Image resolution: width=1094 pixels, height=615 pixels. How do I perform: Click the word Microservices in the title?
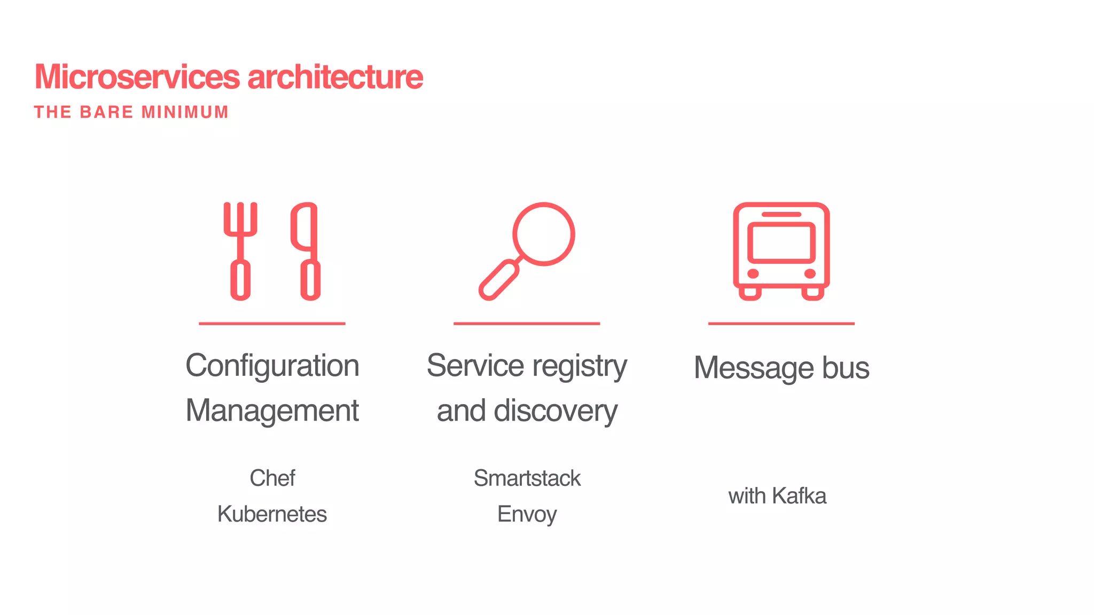137,77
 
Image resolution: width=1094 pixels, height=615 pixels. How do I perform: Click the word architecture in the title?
335,77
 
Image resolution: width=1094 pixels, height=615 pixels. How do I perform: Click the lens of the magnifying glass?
543,234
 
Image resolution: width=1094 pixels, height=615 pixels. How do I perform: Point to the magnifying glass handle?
499,280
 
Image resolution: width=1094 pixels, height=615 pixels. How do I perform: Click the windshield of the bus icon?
781,242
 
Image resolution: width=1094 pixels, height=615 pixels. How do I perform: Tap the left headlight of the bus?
753,274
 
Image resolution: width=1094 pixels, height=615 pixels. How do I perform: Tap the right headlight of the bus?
810,274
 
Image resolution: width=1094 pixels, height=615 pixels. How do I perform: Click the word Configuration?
272,366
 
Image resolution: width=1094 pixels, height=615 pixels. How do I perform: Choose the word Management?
272,411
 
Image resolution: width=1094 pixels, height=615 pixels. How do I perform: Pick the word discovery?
556,411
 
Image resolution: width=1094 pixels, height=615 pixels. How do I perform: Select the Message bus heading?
782,368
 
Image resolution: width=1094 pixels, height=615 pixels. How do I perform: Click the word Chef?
272,478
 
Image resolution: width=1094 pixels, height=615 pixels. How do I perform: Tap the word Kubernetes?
272,514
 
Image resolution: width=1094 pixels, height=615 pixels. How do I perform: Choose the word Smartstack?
527,478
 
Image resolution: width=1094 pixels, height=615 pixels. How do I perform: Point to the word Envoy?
527,514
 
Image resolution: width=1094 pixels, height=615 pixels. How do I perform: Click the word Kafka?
799,496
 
